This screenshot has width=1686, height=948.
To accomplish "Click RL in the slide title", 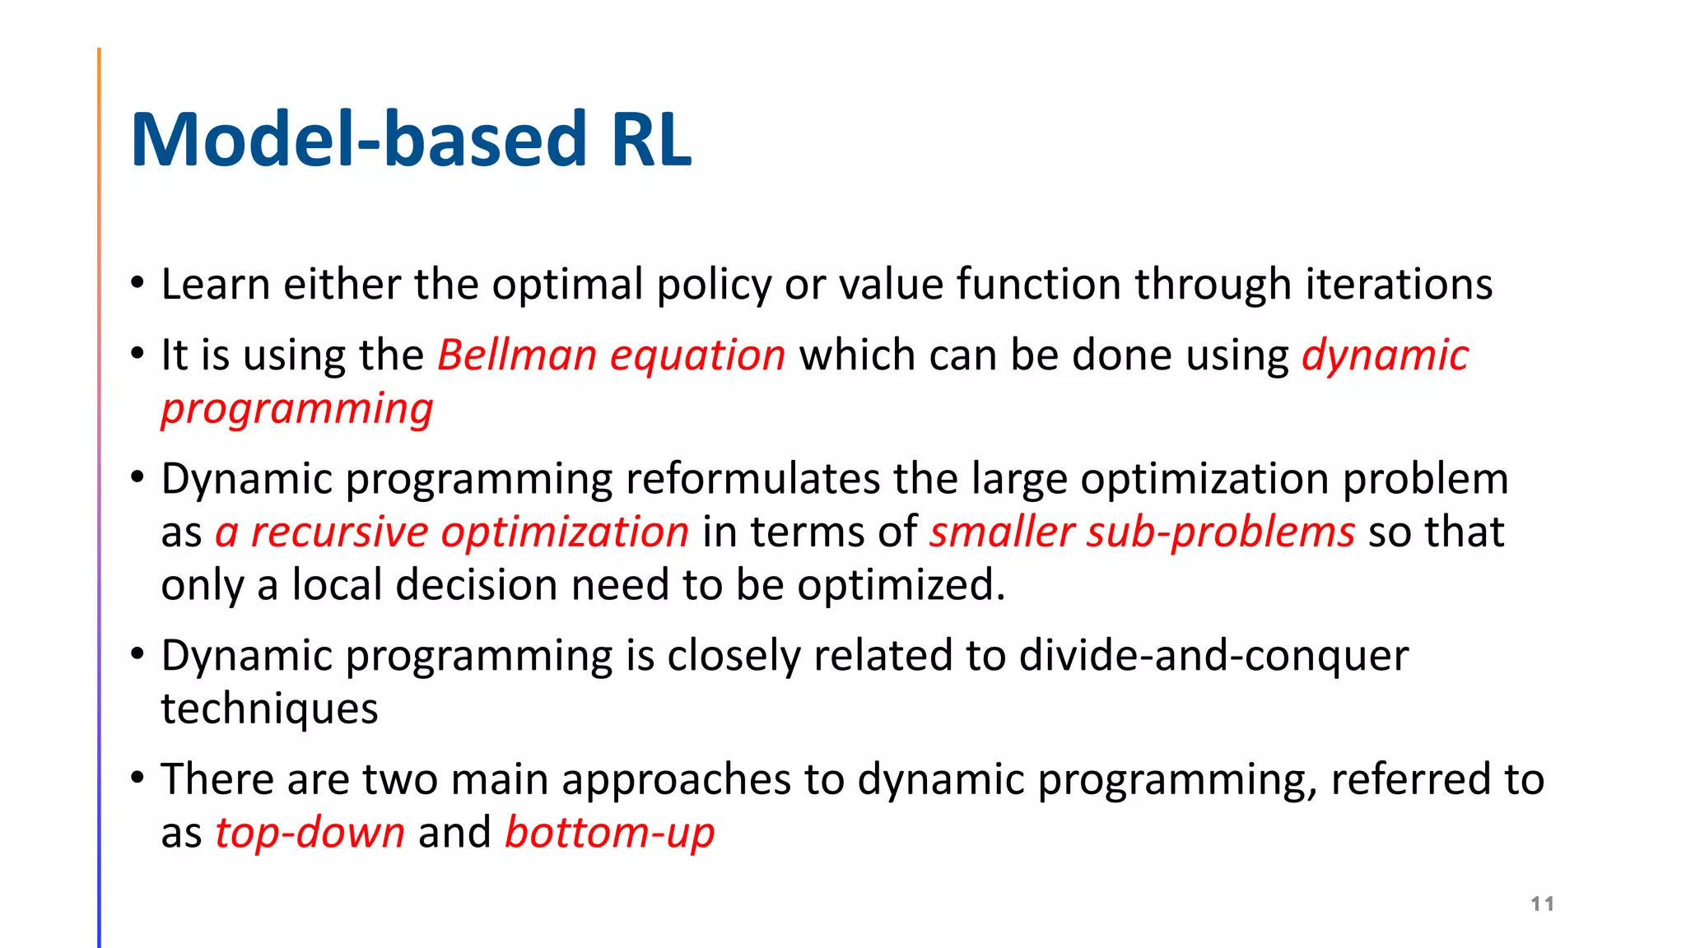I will point(650,140).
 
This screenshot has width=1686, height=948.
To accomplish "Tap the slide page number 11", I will point(1542,904).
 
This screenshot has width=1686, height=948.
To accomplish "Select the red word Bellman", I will point(516,355).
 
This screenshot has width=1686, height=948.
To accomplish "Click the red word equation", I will point(697,357).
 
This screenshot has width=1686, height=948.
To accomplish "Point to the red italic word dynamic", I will point(1385,357).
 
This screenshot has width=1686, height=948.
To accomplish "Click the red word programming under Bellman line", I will point(296,410).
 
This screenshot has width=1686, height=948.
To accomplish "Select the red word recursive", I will point(339,532).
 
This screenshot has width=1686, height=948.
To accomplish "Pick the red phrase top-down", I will point(310,833).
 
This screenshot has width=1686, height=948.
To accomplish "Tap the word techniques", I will point(269,709).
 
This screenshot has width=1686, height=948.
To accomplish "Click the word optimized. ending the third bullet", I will point(901,586).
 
